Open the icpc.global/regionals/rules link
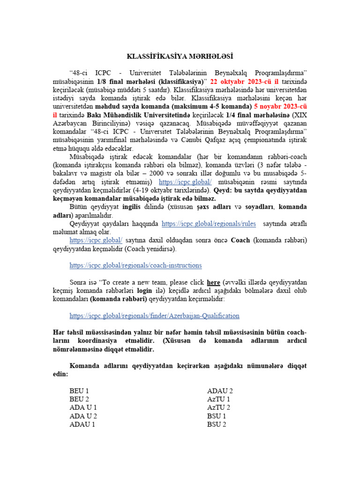pos(209,224)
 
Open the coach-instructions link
pos(135,265)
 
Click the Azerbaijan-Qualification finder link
pos(154,315)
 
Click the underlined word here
pos(214,282)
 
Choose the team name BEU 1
pos(79,391)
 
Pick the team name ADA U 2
pos(83,416)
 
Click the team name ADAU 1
pos(82,425)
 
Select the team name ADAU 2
pos(220,391)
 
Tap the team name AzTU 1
pos(218,399)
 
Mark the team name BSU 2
pos(217,425)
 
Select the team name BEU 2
pos(79,399)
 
